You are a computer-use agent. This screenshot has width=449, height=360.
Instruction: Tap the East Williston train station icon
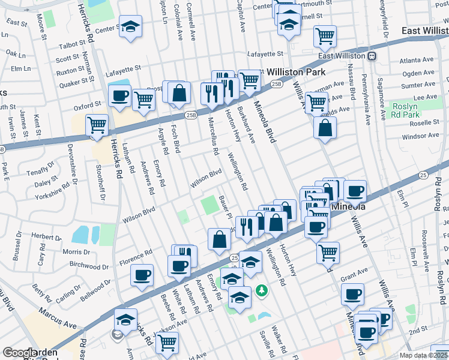pyautogui.click(x=372, y=56)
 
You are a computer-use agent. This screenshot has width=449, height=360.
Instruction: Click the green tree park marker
pyautogui.click(x=262, y=291)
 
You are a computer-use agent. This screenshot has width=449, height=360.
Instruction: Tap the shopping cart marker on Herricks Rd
pyautogui.click(x=97, y=125)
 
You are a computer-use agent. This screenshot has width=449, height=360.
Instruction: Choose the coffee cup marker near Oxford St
pyautogui.click(x=119, y=95)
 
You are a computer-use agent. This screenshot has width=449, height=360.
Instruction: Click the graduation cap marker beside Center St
pyautogui.click(x=130, y=27)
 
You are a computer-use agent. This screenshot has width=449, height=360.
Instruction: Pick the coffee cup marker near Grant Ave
pyautogui.click(x=352, y=294)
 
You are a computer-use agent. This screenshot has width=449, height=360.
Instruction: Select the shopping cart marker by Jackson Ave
pyautogui.click(x=167, y=343)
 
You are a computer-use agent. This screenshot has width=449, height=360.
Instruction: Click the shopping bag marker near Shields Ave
pyautogui.click(x=324, y=127)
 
